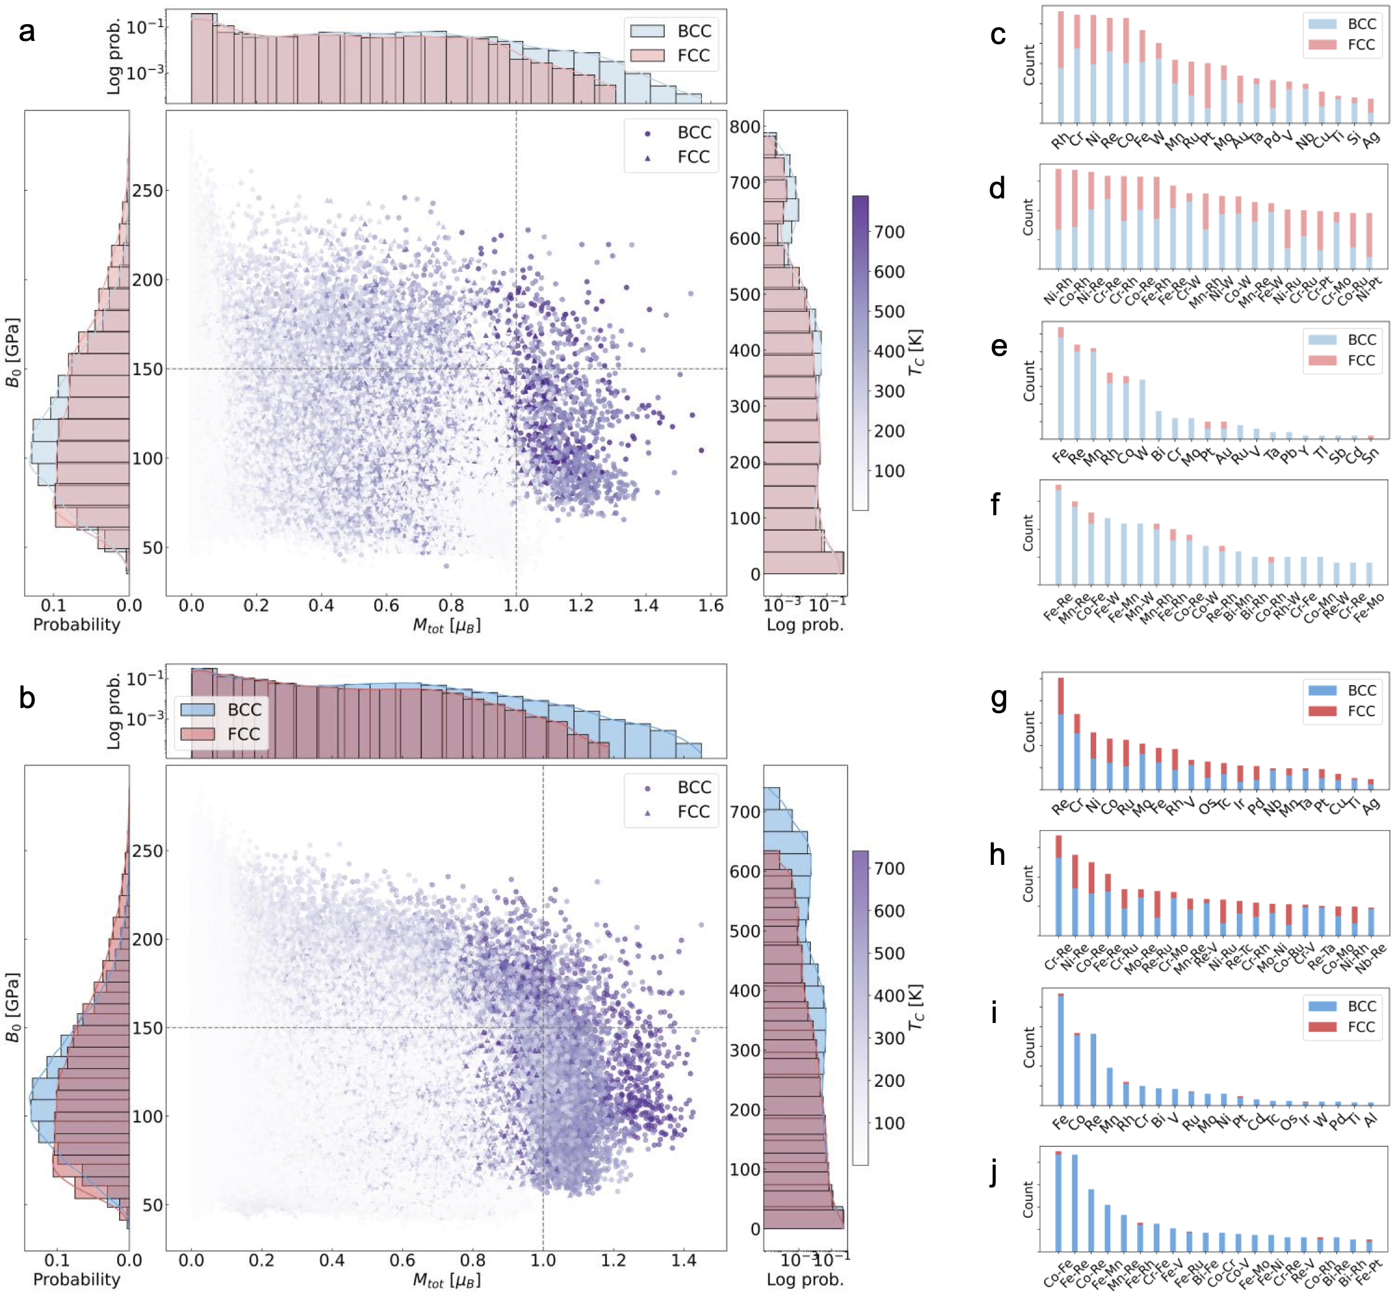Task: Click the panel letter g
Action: tap(999, 699)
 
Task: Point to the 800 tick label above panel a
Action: tap(745, 127)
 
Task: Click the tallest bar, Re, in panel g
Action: tap(1060, 734)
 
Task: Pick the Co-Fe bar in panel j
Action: tap(1058, 1201)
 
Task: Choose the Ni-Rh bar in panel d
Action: tap(1058, 219)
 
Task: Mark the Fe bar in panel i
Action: tap(1060, 1049)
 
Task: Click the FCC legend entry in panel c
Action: tap(1342, 45)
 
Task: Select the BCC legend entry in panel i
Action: tap(1342, 1006)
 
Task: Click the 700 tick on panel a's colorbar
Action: tap(889, 232)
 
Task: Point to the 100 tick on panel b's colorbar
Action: tap(889, 1123)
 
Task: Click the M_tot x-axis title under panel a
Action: tap(446, 626)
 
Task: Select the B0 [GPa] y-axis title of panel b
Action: tap(12, 1007)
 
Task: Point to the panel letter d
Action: tap(997, 188)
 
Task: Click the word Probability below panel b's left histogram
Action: tap(76, 1279)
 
